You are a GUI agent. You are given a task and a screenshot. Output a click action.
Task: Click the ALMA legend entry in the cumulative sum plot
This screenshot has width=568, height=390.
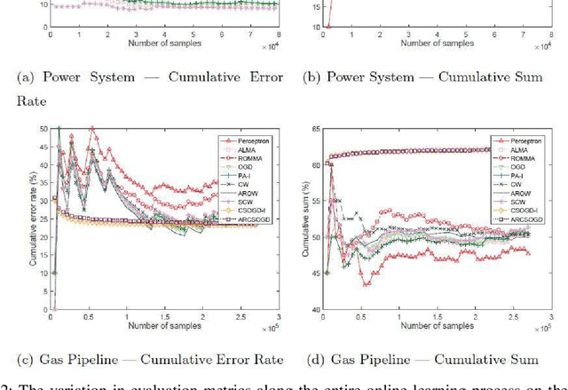click(x=520, y=151)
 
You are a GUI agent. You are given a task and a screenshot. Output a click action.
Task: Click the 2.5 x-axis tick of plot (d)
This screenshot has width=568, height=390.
click(x=513, y=318)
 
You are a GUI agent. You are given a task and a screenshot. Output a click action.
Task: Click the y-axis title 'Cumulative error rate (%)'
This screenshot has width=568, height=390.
click(x=32, y=221)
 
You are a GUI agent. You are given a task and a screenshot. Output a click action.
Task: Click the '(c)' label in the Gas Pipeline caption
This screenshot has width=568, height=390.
click(x=24, y=359)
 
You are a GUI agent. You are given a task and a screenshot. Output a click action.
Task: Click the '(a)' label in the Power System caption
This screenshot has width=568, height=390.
click(x=24, y=77)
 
